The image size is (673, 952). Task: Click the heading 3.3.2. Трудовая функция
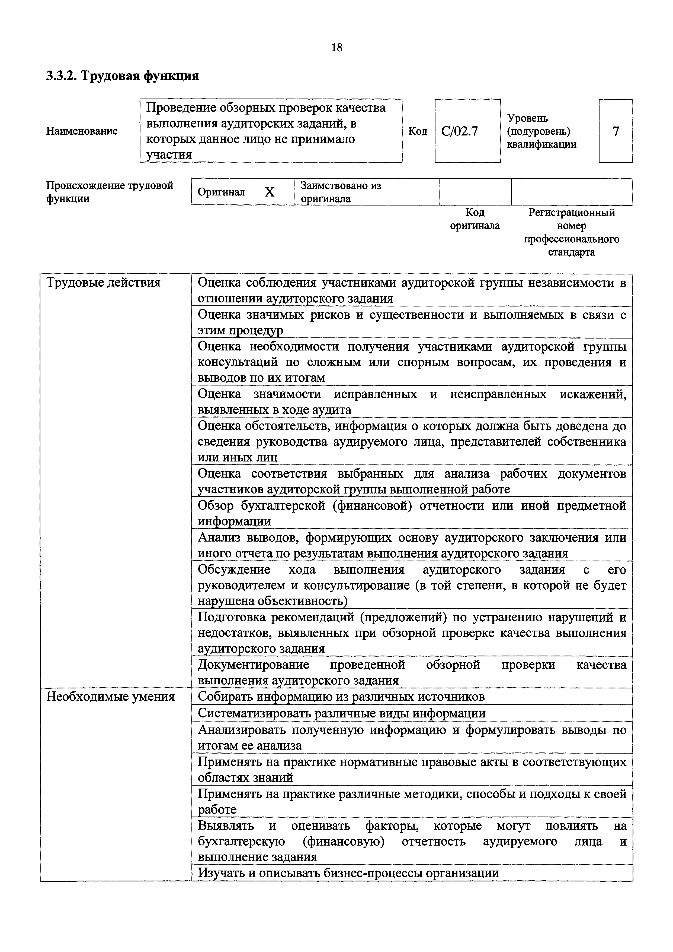122,76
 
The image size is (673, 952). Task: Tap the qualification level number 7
616,131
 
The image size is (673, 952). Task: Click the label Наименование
82,131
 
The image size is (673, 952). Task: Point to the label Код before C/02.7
418,131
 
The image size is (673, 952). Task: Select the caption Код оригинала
475,219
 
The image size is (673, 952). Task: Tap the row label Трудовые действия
103,283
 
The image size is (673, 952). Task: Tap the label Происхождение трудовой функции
109,192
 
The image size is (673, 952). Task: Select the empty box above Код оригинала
475,192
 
